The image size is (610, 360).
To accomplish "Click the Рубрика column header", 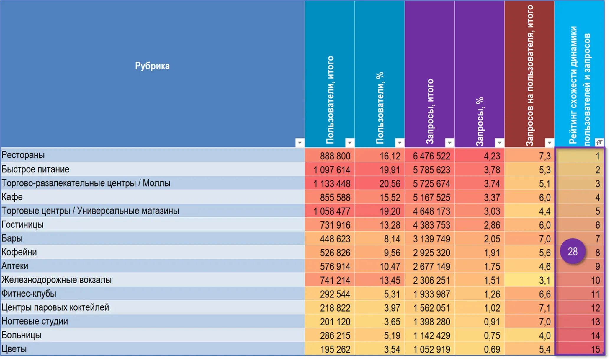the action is pos(152,66).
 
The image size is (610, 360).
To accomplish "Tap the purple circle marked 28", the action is pos(573,251).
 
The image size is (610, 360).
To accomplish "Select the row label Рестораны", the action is pos(23,155).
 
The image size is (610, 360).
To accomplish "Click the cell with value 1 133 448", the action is pos(332,184).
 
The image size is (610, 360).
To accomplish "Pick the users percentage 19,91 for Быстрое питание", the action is pos(390,170).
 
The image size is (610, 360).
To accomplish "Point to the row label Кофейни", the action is pos(19,252).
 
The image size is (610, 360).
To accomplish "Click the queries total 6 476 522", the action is pos(431,156).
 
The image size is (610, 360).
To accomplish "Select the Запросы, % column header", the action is pos(480,121).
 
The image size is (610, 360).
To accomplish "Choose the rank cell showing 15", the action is pos(595,349).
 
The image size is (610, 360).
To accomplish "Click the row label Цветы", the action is pos(14,349).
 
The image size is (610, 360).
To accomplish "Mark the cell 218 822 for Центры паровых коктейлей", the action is pos(335,308).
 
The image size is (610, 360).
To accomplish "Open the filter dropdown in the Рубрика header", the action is pos(300,143).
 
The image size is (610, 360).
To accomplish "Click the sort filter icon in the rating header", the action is pos(599,142).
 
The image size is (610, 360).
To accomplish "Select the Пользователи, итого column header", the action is pos(330,100).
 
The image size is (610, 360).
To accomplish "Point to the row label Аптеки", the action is pos(15,266).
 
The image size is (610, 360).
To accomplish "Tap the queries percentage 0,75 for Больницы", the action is pos(492,336).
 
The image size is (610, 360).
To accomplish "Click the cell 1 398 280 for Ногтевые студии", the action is pos(431,322).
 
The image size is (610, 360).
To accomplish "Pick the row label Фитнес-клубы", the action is pos(29,294).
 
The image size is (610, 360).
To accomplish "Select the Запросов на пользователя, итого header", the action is pos(530,75).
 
